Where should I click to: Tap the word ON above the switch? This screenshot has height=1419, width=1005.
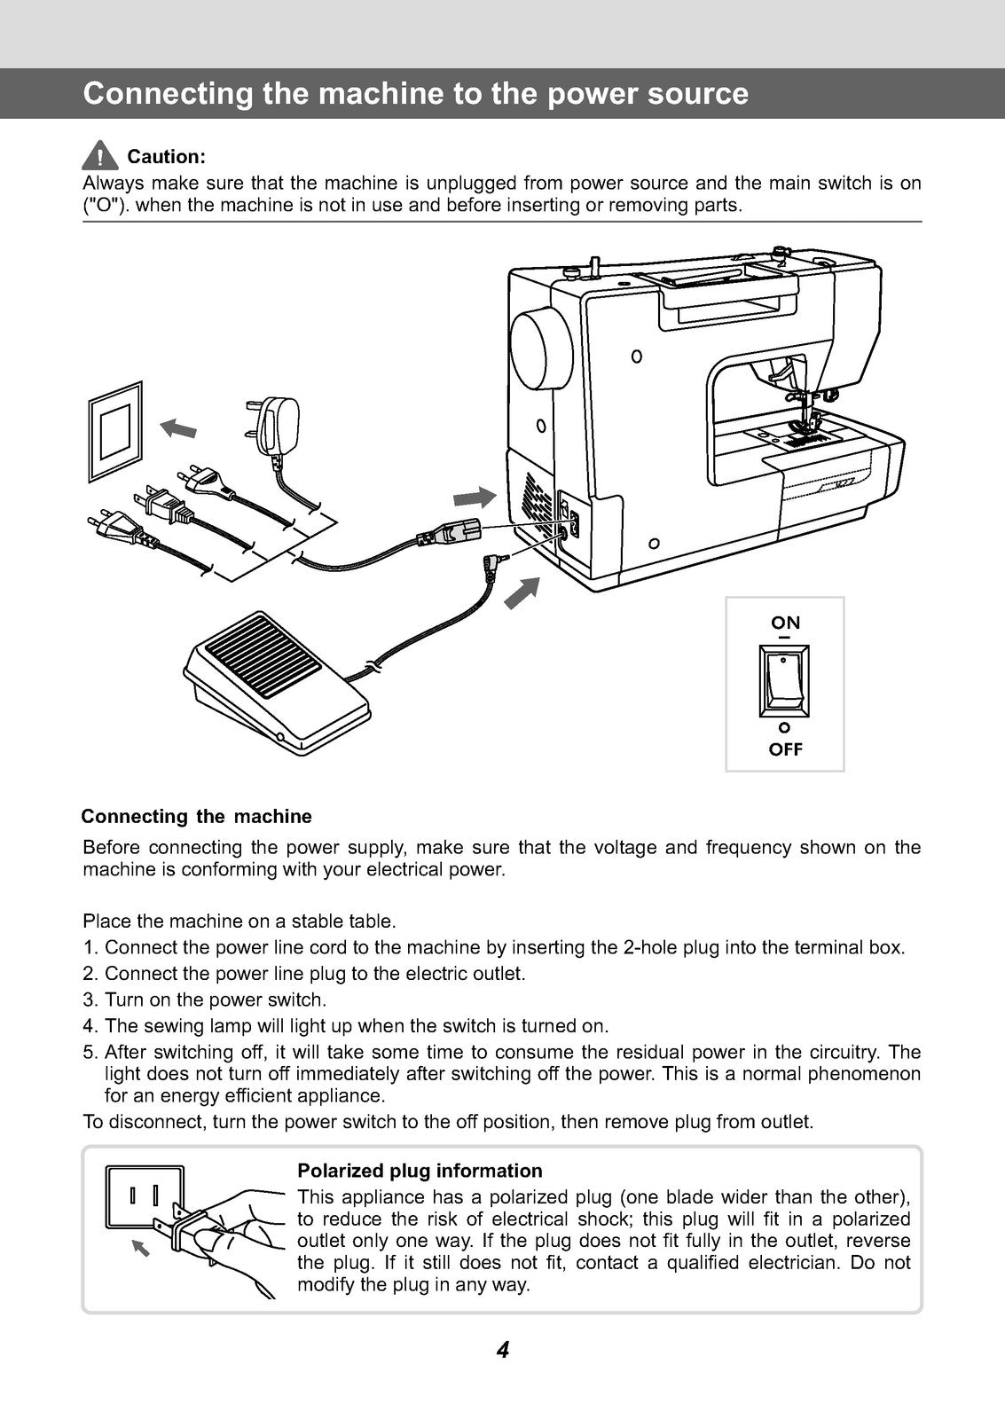coord(785,623)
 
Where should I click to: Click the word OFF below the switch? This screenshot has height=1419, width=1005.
coord(785,749)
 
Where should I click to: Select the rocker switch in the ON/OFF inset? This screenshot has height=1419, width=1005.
coord(785,681)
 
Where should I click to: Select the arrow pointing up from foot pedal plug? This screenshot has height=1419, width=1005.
coord(522,592)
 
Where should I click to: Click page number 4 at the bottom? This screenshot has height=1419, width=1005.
coord(502,1351)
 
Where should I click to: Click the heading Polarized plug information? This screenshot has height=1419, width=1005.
coord(420,1171)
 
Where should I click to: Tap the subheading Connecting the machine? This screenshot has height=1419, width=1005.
coord(196,816)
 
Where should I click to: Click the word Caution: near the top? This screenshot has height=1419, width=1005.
coord(167,157)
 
